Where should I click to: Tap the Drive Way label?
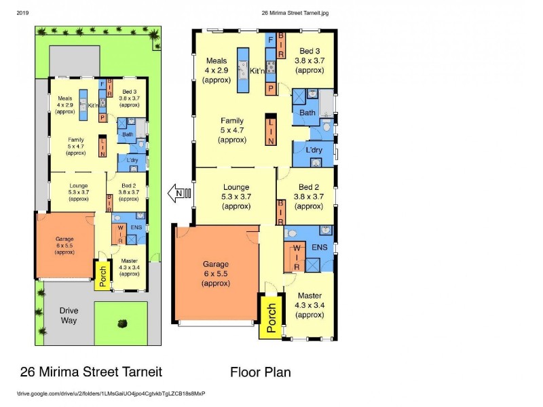69,315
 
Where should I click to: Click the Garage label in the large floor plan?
215,264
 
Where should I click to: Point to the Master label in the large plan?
310,296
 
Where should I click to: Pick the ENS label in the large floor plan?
319,248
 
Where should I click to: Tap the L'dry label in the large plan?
314,150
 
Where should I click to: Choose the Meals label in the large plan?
217,61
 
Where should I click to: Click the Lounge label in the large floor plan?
236,187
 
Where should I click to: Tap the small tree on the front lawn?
122,323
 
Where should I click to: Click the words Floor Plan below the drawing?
260,372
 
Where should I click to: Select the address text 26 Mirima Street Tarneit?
92,372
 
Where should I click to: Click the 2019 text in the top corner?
22,12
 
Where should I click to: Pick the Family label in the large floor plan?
232,121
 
